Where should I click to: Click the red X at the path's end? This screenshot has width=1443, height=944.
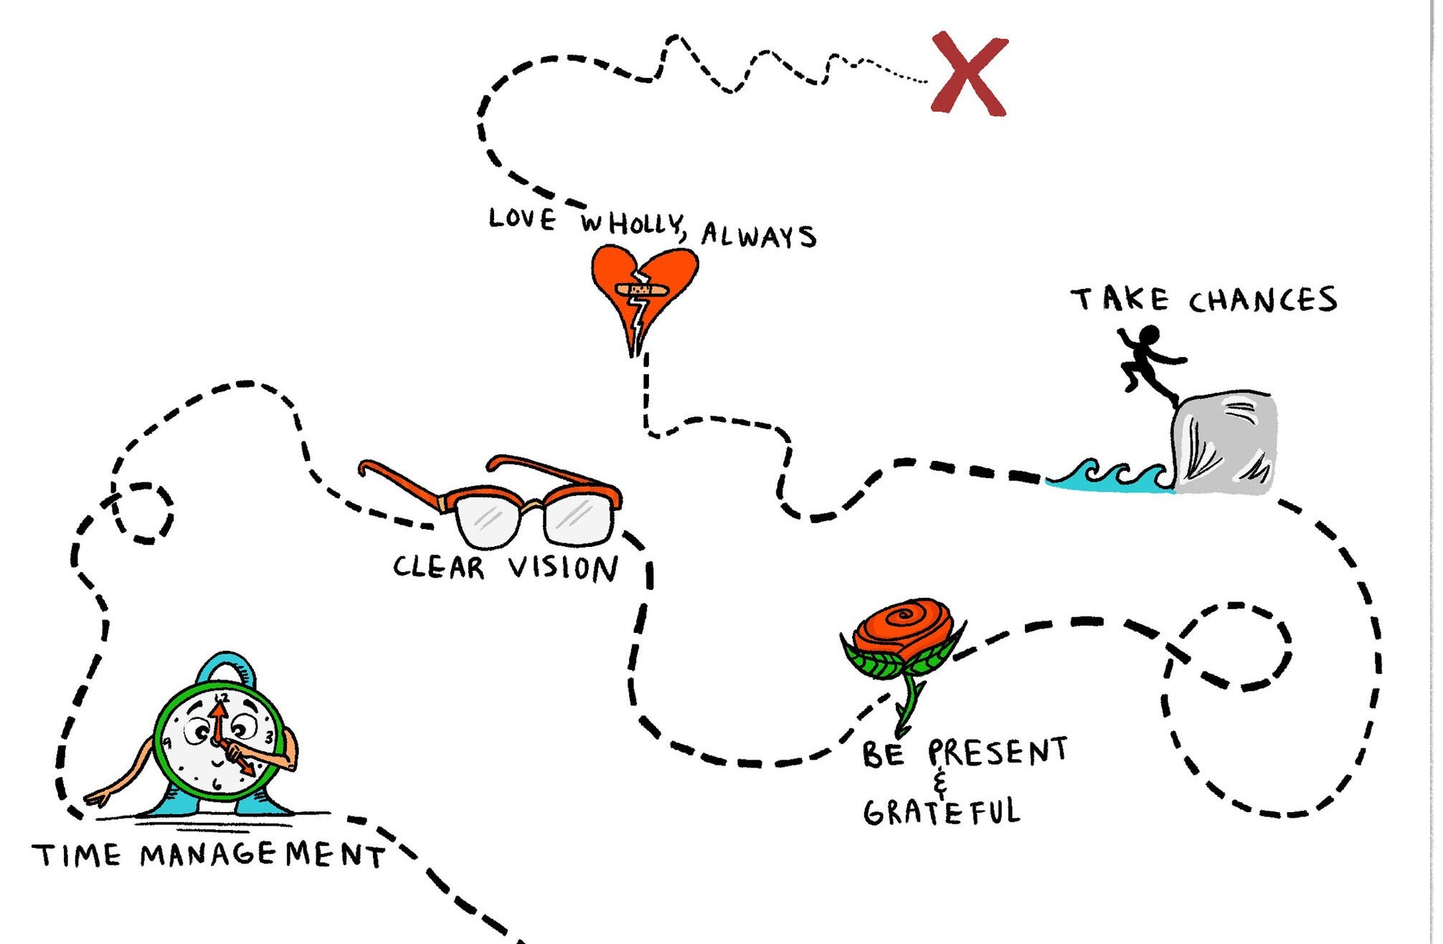coord(969,74)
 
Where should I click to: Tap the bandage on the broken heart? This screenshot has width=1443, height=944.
coord(642,290)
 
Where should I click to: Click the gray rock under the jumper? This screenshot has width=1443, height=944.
coord(1224,442)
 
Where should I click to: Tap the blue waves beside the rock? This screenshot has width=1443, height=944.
coord(1111,477)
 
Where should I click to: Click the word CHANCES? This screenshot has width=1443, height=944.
coord(1263,300)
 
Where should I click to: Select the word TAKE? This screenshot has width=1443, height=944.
coord(1120,299)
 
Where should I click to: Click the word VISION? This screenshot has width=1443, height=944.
coord(563,568)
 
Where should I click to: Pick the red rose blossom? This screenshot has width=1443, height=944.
coord(904,628)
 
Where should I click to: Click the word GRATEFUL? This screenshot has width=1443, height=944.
coord(942,813)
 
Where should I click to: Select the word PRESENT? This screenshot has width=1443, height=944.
coord(998,752)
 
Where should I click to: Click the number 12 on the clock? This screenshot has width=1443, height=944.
coord(222,696)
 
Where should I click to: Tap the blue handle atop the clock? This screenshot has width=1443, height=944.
coord(227,667)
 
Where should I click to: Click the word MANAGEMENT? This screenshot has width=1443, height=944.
coord(262,854)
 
